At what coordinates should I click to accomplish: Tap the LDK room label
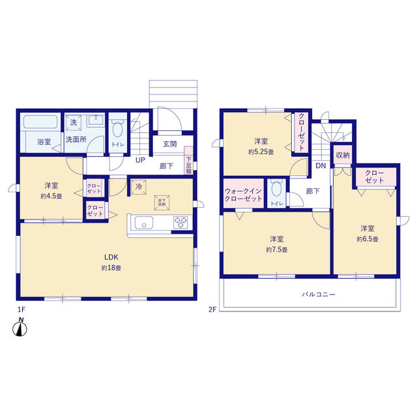point(111,257)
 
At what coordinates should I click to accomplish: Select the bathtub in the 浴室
point(40,122)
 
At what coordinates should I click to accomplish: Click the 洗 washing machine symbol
point(74,122)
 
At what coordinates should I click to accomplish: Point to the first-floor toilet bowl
point(117,130)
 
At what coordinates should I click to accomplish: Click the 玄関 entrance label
point(170,144)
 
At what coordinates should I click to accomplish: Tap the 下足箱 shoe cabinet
point(188,161)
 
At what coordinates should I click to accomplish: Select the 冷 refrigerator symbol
point(139,187)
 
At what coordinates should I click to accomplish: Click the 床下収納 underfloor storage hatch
point(162,203)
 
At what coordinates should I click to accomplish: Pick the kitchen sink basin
point(144,223)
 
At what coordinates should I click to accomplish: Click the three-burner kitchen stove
point(180,223)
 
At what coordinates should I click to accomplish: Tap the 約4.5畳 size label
point(51,196)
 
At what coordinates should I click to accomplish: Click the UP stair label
point(141,160)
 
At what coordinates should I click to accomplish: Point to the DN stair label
point(321,165)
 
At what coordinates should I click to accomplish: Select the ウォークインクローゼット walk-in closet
point(244,194)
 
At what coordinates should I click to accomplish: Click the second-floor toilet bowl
point(276,188)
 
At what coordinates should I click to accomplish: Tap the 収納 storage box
point(343,154)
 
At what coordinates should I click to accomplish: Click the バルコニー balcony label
point(319,295)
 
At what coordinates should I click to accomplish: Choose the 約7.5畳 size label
point(276,250)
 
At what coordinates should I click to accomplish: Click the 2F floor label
point(212,309)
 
